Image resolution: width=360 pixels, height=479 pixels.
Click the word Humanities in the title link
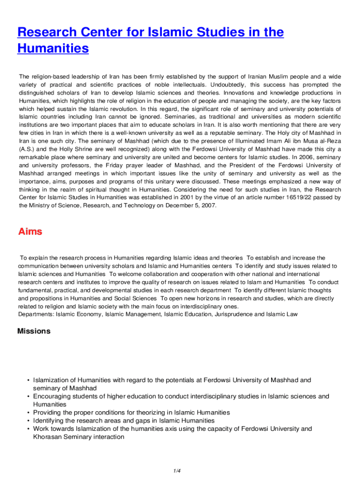(53, 48)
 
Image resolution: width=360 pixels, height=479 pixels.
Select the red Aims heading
(30, 232)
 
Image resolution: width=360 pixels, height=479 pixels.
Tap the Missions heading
(34, 331)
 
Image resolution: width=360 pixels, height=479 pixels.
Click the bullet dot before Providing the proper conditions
(29, 413)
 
